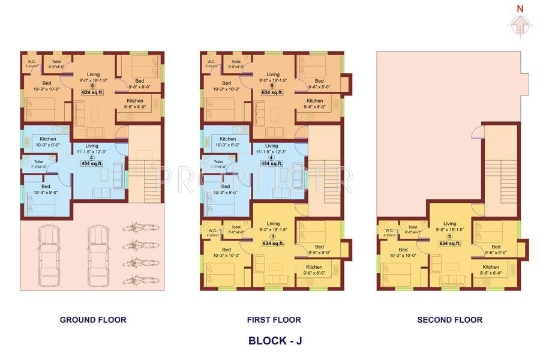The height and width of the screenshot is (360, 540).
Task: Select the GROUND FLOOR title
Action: pyautogui.click(x=93, y=320)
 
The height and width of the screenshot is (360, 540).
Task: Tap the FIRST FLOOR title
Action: pyautogui.click(x=274, y=320)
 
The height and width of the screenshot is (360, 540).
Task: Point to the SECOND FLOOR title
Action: pyautogui.click(x=449, y=320)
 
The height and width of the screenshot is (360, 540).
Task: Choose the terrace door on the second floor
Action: pyautogui.click(x=476, y=134)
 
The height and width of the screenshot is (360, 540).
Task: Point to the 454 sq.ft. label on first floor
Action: pyautogui.click(x=271, y=163)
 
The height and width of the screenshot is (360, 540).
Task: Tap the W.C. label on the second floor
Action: pyautogui.click(x=389, y=230)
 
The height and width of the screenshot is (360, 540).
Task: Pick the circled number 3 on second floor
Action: pyautogui.click(x=449, y=236)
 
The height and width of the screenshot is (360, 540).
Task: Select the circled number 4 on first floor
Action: pyautogui.click(x=271, y=157)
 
